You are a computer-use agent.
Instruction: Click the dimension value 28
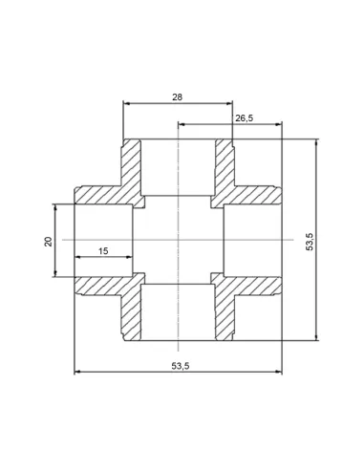(x=178, y=97)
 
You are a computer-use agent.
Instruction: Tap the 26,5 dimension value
(x=245, y=118)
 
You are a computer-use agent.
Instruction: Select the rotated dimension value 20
(x=49, y=242)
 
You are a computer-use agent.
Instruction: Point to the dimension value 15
(x=103, y=251)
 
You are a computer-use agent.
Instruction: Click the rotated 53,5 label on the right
(x=310, y=242)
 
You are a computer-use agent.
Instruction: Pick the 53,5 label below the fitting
(x=181, y=366)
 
